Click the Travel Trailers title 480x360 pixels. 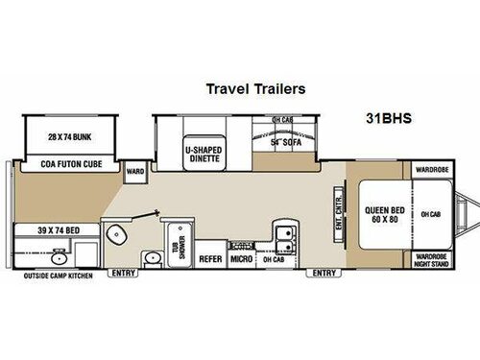pyautogui.click(x=255, y=88)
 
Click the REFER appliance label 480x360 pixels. pyautogui.click(x=210, y=258)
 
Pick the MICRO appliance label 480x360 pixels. pyautogui.click(x=241, y=258)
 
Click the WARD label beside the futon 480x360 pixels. pyautogui.click(x=135, y=174)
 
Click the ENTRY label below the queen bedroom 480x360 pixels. pyautogui.click(x=319, y=274)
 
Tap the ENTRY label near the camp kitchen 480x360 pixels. pyautogui.click(x=124, y=274)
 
